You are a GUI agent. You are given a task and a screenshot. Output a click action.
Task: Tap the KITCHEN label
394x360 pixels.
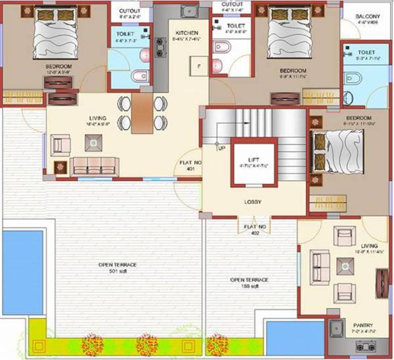186,32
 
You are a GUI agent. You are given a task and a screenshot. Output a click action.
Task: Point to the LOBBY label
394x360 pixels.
254,202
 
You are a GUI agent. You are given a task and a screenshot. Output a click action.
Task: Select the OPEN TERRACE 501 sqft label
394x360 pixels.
118,267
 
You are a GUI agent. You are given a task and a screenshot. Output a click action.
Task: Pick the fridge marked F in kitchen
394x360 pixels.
195,66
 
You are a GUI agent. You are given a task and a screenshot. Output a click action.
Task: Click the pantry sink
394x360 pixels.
337,328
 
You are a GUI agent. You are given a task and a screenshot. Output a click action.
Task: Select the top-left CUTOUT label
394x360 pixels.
130,11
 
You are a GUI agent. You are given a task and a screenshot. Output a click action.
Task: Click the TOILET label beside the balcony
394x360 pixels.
366,51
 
